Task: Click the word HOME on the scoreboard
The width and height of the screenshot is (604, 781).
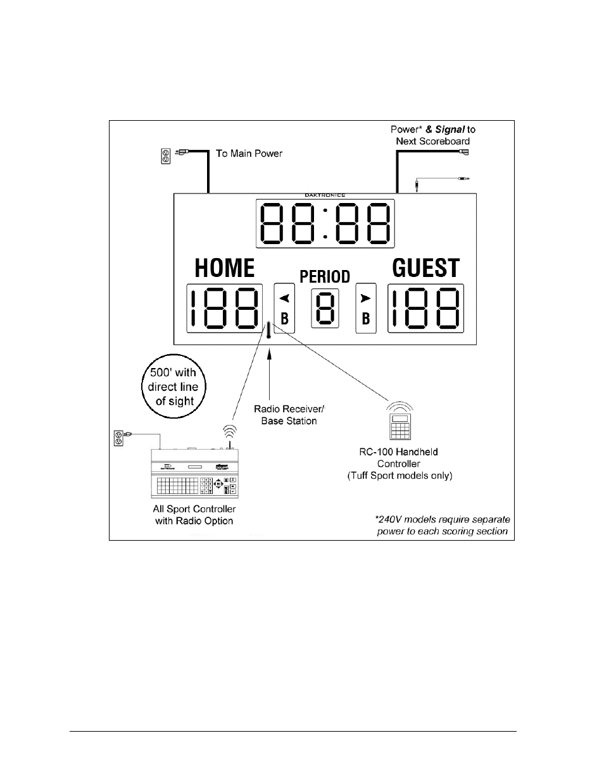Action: [x=225, y=268]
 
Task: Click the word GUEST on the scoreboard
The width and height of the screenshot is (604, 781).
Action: [x=425, y=268]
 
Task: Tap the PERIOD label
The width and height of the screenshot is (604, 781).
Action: [x=325, y=277]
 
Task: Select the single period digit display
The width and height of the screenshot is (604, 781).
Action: [x=325, y=309]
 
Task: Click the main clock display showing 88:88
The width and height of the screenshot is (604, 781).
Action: [x=325, y=224]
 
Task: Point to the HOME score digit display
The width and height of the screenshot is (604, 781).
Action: [x=225, y=309]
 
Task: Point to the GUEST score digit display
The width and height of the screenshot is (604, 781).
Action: [x=425, y=309]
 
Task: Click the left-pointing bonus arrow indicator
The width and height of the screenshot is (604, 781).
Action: [x=284, y=297]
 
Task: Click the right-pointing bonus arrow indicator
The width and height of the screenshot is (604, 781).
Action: [x=365, y=297]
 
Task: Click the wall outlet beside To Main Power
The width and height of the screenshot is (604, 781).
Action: [x=166, y=156]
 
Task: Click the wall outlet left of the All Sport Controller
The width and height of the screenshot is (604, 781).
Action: [x=118, y=437]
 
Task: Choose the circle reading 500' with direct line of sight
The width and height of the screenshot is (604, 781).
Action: [x=173, y=387]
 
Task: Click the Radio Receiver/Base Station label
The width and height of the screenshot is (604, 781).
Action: [x=289, y=415]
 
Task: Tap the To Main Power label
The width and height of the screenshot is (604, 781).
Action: [x=249, y=154]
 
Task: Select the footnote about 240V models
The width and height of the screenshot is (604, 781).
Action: [x=442, y=525]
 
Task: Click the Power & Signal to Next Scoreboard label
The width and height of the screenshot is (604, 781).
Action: [x=432, y=135]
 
